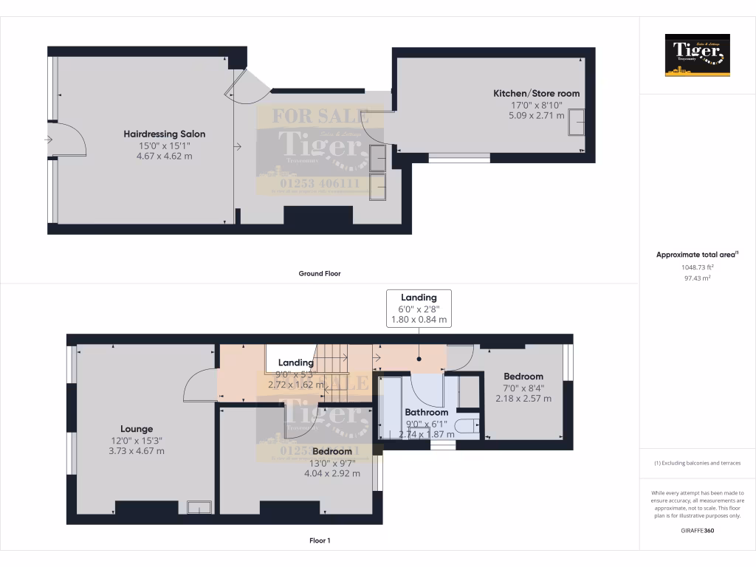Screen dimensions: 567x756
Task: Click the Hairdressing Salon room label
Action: point(164,134)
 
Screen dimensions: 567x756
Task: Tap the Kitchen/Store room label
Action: point(536,94)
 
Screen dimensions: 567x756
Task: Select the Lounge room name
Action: point(137,428)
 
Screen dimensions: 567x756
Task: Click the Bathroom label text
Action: point(426,412)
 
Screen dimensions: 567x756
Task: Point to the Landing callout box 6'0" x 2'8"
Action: point(419,308)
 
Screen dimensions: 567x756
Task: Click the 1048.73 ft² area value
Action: point(697,267)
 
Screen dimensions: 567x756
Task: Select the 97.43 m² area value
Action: point(697,278)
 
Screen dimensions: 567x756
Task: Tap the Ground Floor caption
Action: point(319,273)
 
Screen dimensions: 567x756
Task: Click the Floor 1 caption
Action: point(319,540)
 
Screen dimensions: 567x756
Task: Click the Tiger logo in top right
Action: point(697,55)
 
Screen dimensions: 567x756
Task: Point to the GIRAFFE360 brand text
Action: point(697,530)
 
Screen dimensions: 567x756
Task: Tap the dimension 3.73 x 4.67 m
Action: point(137,450)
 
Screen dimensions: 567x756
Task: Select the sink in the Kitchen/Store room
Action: point(576,123)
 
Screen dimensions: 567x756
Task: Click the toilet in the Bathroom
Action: point(467,426)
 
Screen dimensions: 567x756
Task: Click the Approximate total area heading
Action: point(697,254)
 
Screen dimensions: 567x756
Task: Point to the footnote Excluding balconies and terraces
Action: point(697,463)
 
